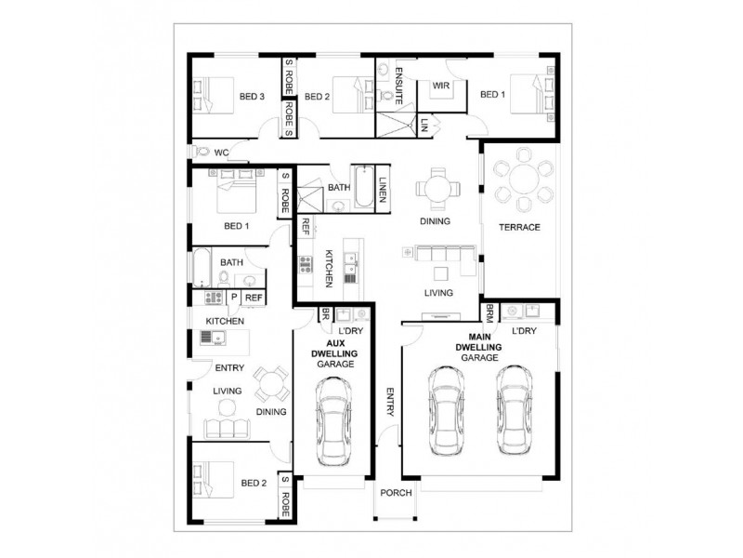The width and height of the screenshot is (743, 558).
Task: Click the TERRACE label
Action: pyautogui.click(x=519, y=227)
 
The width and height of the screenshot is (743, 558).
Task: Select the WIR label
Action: pyautogui.click(x=441, y=86)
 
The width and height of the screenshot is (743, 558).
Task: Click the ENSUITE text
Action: pyautogui.click(x=397, y=83)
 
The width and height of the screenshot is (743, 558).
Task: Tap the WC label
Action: pyautogui.click(x=222, y=151)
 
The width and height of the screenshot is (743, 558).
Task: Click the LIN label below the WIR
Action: pyautogui.click(x=424, y=123)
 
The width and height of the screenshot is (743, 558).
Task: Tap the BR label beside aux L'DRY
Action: pyautogui.click(x=325, y=314)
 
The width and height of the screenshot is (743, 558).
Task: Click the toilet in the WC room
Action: pyautogui.click(x=202, y=151)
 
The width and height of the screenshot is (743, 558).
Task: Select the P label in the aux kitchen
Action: pyautogui.click(x=234, y=298)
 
